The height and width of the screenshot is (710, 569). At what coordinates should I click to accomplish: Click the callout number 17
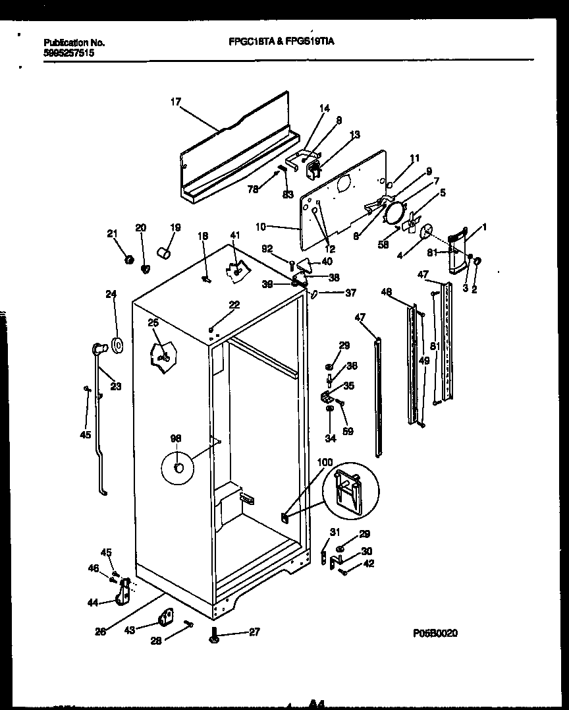click(175, 102)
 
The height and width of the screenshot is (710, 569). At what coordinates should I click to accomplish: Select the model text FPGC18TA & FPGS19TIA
click(281, 42)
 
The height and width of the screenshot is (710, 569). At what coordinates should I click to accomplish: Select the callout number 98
click(176, 438)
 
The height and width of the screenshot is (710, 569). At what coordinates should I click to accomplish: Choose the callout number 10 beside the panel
click(261, 227)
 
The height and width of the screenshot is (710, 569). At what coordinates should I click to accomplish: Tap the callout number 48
click(387, 292)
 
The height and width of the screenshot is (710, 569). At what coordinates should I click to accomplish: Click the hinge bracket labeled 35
click(327, 396)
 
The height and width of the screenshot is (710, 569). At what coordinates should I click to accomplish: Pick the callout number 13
click(355, 134)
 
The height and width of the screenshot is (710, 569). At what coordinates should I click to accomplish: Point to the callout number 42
click(368, 563)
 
